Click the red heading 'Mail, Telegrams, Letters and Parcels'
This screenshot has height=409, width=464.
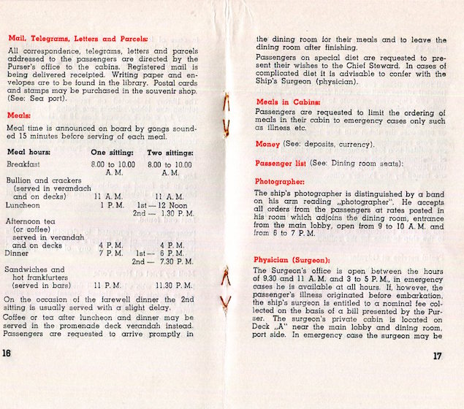click(x=77, y=38)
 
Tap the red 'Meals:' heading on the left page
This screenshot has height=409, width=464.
click(x=18, y=115)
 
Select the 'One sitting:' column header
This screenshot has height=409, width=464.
click(x=112, y=152)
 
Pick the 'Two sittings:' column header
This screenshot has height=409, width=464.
click(x=170, y=152)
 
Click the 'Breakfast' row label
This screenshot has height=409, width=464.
click(x=23, y=165)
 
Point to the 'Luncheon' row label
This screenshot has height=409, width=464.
click(x=23, y=205)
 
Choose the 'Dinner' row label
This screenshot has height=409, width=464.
click(x=18, y=253)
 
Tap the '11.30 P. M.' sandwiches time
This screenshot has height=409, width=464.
click(x=170, y=286)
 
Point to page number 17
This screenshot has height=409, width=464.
click(x=438, y=356)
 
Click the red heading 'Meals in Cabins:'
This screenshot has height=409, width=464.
click(x=286, y=102)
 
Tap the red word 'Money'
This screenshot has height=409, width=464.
click(x=267, y=144)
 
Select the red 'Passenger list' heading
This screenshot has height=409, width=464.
click(x=281, y=162)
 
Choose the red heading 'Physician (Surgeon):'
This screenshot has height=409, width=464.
click(x=292, y=260)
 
